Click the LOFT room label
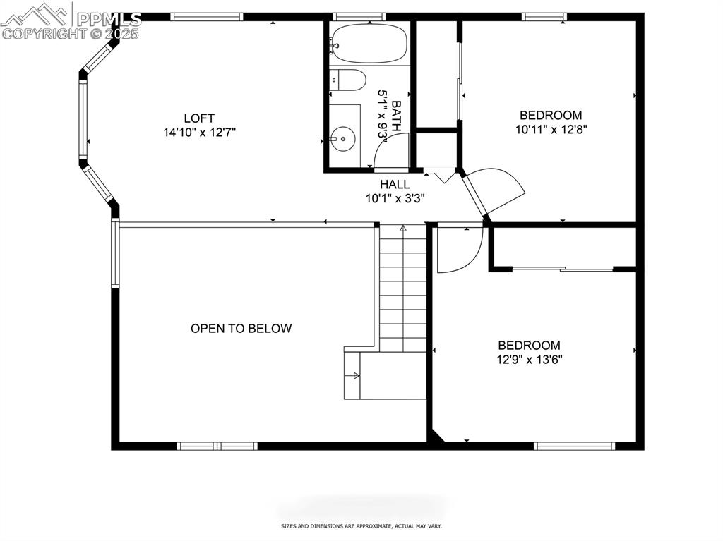[198, 118]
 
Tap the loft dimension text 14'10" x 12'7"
[198, 132]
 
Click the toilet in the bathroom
[349, 80]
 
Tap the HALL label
[394, 184]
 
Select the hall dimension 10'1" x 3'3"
[394, 198]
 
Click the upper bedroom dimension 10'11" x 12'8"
[551, 129]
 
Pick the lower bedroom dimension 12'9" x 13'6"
[529, 359]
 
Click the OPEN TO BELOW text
[241, 328]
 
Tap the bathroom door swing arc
[390, 151]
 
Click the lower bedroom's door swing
[460, 249]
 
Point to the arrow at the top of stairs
[403, 229]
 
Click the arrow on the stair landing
[356, 376]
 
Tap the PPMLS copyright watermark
[71, 20]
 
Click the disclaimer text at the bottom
[361, 525]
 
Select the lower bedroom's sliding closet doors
[563, 269]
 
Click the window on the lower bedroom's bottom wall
[574, 446]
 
